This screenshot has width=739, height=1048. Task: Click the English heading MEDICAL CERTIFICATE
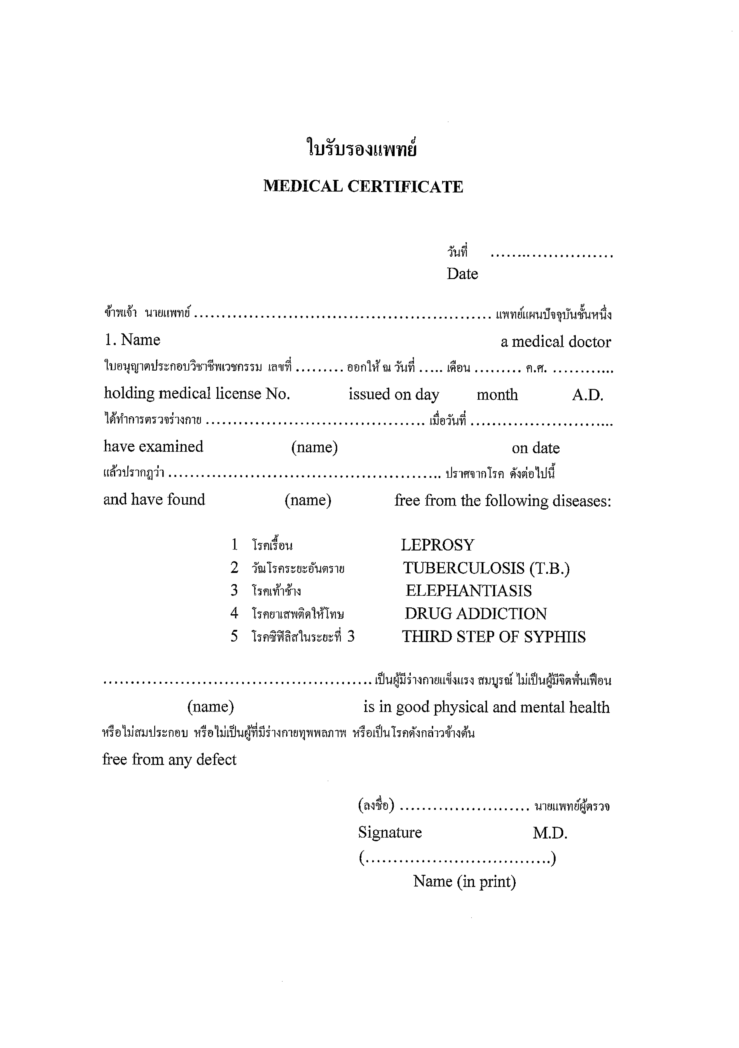pyautogui.click(x=363, y=186)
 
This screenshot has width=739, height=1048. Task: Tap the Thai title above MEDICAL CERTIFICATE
pyautogui.click(x=362, y=149)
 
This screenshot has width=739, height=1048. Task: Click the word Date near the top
pyautogui.click(x=462, y=274)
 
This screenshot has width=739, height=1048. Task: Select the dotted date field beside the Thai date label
pyautogui.click(x=552, y=255)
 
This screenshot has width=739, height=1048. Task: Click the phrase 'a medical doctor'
pyautogui.click(x=556, y=342)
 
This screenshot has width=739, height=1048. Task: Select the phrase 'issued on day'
pyautogui.click(x=394, y=394)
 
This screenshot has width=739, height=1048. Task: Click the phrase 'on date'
pyautogui.click(x=535, y=448)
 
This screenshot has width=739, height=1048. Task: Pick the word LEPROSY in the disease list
pyautogui.click(x=437, y=545)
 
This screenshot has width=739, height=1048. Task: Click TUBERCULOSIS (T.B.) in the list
pyautogui.click(x=486, y=568)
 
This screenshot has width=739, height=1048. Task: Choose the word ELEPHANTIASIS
pyautogui.click(x=468, y=591)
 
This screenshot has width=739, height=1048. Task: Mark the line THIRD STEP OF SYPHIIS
pyautogui.click(x=494, y=637)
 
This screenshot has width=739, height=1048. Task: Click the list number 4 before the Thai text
pyautogui.click(x=234, y=613)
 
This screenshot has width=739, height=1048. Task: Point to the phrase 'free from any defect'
pyautogui.click(x=169, y=759)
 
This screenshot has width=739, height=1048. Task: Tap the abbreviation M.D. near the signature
pyautogui.click(x=550, y=834)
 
